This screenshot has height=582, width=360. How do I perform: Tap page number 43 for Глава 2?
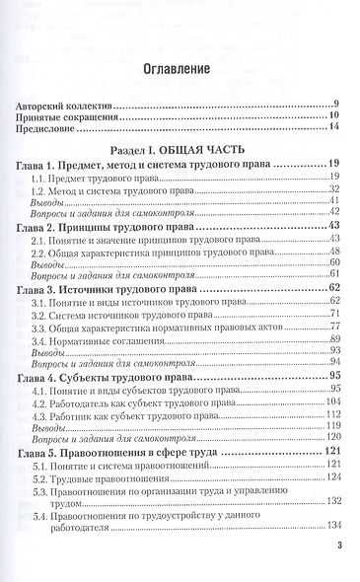(x=334, y=227)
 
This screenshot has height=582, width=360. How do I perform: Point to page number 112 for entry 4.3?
(x=332, y=415)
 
